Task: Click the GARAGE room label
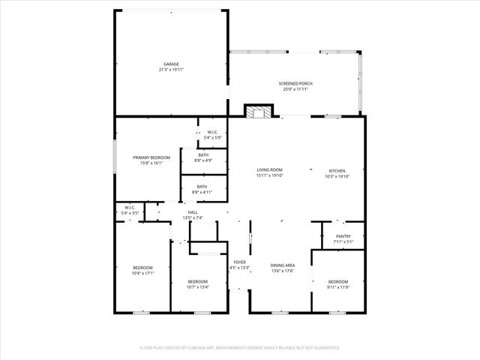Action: (171, 64)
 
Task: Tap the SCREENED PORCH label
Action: (295, 83)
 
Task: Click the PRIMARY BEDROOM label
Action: (151, 157)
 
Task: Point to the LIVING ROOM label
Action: (269, 170)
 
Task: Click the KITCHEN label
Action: (338, 170)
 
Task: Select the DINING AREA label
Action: (282, 265)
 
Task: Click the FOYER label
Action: (239, 262)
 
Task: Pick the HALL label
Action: (193, 212)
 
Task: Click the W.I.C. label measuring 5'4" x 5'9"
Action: (212, 132)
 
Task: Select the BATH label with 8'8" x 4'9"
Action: (203, 154)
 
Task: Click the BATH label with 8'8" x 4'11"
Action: (202, 187)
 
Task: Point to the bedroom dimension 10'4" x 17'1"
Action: (142, 273)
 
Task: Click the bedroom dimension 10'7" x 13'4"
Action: (197, 286)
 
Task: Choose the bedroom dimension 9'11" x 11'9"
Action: (338, 286)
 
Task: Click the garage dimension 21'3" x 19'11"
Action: (171, 69)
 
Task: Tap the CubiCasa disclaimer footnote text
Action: (240, 347)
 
